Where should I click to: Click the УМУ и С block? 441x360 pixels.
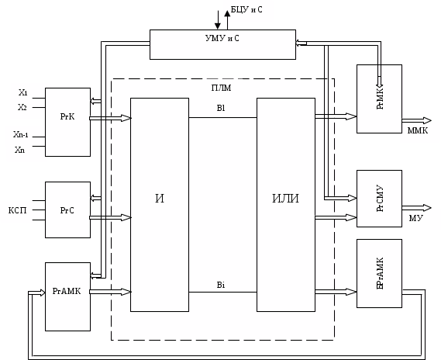(x=222, y=44)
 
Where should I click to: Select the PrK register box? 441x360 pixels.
(x=67, y=122)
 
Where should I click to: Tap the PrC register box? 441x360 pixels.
(x=67, y=209)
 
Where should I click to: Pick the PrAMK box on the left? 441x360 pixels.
(x=67, y=296)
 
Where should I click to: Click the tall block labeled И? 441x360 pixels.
(x=160, y=205)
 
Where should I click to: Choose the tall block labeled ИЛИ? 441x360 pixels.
(x=286, y=205)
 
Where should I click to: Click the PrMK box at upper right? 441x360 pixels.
(x=379, y=99)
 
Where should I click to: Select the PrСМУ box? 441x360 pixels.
(x=379, y=199)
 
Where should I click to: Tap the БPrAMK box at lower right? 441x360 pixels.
(x=379, y=273)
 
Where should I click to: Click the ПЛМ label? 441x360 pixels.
(x=222, y=88)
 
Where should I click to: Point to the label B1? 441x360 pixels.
(x=221, y=108)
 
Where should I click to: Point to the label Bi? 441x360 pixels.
(x=221, y=285)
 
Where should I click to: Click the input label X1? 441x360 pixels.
(x=23, y=92)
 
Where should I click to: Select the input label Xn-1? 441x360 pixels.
(x=20, y=134)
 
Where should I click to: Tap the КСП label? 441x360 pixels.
(x=17, y=210)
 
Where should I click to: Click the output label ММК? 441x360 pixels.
(x=418, y=130)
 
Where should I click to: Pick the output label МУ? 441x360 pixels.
(x=415, y=218)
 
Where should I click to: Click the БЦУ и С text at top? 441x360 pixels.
(x=246, y=10)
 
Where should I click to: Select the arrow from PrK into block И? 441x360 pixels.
(x=110, y=118)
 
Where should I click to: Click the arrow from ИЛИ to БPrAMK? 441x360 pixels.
(x=336, y=292)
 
